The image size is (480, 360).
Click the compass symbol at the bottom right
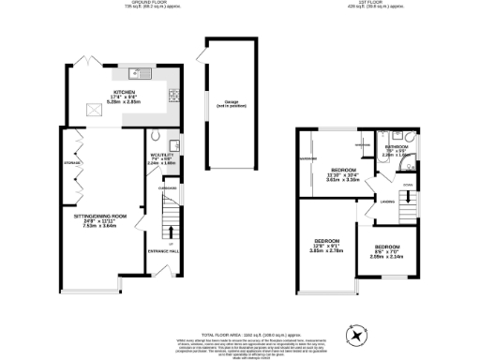pyautogui.click(x=356, y=335)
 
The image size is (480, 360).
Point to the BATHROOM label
pyautogui.click(x=394, y=147)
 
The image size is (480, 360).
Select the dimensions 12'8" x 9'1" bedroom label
pyautogui.click(x=326, y=247)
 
